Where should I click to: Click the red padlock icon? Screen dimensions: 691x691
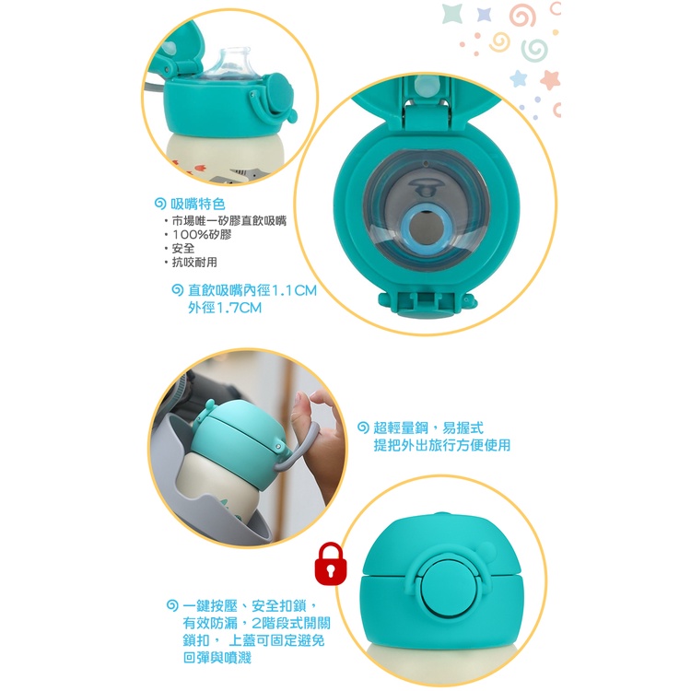331,564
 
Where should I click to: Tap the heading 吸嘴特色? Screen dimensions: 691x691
198,204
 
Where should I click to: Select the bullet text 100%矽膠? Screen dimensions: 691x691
202,234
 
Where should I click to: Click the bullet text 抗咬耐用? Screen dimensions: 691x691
194,263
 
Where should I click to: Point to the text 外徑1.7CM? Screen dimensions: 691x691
225,308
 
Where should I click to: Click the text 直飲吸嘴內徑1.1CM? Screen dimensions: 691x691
252,290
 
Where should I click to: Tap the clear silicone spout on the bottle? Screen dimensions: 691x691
229,64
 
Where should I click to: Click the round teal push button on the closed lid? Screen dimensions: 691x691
449,588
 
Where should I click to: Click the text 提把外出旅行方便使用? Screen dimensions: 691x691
442,445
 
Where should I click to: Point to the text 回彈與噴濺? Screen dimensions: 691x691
217,658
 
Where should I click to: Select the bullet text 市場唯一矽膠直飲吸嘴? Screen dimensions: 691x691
229,221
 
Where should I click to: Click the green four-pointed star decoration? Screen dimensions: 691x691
453,13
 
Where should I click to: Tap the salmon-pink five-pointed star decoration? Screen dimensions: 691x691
550,80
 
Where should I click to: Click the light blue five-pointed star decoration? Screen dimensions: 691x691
518,79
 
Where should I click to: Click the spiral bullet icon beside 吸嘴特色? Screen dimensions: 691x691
160,204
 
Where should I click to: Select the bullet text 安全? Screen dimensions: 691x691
183,248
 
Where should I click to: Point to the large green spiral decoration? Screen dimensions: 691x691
534,50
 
